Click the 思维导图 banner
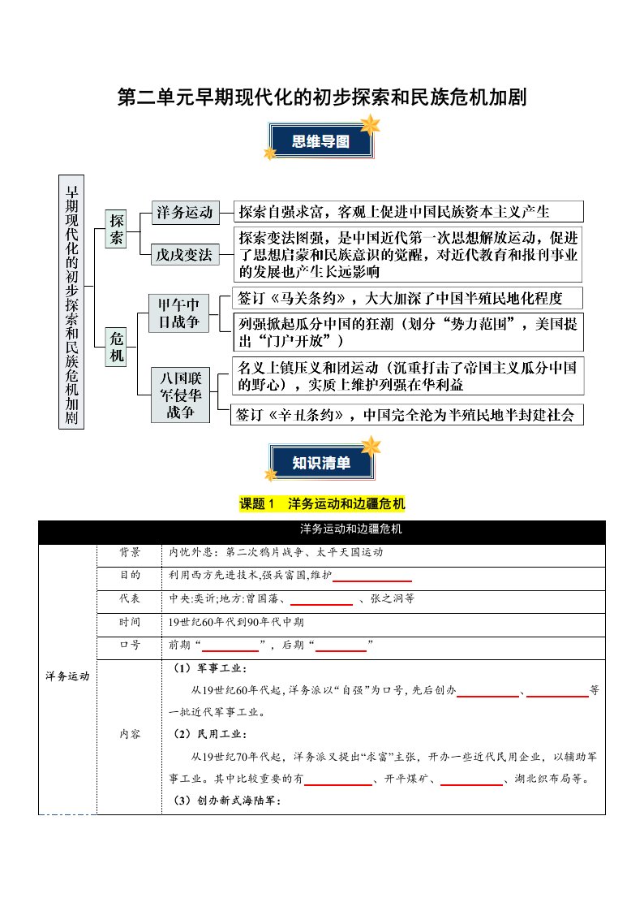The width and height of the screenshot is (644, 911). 321,141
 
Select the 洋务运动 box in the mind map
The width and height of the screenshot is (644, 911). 186,214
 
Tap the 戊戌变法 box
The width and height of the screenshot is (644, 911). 186,255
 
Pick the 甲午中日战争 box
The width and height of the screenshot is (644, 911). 179,313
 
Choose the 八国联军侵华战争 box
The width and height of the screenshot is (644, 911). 179,395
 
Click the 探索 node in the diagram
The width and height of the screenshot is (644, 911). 117,229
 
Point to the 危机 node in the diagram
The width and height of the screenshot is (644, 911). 117,346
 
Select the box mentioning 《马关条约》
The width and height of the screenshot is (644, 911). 408,296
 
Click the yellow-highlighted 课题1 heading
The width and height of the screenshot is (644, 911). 322,504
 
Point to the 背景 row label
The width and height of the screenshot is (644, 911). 130,552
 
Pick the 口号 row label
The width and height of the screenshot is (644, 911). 130,645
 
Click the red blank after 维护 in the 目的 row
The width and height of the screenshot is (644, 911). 372,577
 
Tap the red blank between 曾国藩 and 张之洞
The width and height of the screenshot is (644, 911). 320,600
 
